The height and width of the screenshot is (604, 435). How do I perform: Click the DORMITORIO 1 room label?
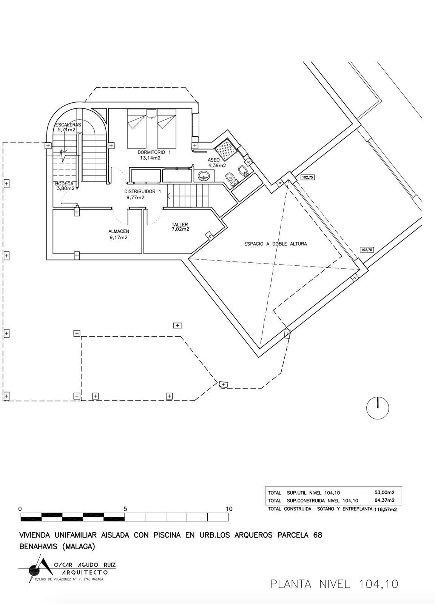[154, 153]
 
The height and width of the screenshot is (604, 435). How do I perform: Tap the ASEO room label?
[214, 160]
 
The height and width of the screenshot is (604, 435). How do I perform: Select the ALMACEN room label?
[119, 231]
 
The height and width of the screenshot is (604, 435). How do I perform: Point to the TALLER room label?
[180, 224]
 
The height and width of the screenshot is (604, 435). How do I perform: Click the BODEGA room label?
[64, 183]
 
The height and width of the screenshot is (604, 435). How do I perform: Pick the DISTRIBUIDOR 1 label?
[142, 191]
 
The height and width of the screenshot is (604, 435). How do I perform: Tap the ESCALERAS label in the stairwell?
[68, 125]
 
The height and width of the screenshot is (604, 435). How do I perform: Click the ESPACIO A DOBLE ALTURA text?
[275, 244]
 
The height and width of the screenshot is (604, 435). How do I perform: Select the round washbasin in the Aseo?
[204, 176]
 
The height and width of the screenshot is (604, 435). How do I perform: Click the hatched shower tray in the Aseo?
[226, 148]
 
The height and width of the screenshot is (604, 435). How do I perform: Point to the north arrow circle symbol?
[378, 408]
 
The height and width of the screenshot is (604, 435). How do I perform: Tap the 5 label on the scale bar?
[125, 509]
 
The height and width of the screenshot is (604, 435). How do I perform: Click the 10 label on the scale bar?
[229, 509]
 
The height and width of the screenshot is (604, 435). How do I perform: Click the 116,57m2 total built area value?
[386, 509]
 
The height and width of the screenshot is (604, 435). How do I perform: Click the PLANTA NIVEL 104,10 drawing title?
[334, 584]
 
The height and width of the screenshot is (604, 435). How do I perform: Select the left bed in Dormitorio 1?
[137, 128]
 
